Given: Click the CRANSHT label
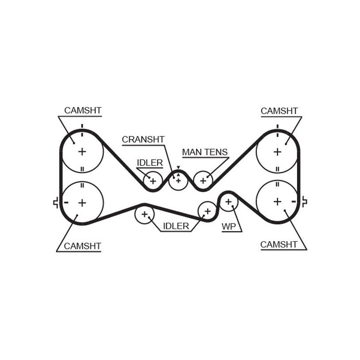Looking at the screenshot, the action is (x=143, y=139).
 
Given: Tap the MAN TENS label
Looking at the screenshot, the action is (x=205, y=152).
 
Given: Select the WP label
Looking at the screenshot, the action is (x=229, y=227).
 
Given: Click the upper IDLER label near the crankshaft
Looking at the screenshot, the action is (x=150, y=163).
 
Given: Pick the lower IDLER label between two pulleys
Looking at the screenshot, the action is (x=176, y=226).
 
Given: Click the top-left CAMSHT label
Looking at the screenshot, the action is (x=83, y=110).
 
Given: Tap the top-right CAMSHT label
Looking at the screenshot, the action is (x=279, y=111).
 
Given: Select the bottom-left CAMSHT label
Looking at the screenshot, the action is (x=82, y=246).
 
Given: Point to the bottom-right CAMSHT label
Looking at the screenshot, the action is (x=279, y=244).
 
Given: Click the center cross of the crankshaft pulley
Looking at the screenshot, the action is (x=178, y=181).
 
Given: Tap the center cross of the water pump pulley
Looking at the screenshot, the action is (x=228, y=202).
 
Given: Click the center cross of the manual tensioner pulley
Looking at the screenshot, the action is (x=203, y=181).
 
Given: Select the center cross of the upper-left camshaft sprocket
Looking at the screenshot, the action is (x=82, y=152).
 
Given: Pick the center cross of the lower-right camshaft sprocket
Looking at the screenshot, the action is (x=277, y=202).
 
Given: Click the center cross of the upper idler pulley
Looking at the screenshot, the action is (x=153, y=181).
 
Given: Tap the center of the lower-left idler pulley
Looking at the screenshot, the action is (x=144, y=215).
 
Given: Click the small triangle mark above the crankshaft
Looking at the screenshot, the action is (x=178, y=167).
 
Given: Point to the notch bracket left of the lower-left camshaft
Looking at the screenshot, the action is (x=56, y=202).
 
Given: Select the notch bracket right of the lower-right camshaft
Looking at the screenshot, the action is (x=304, y=202).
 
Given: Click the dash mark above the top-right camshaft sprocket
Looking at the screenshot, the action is (x=277, y=126).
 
